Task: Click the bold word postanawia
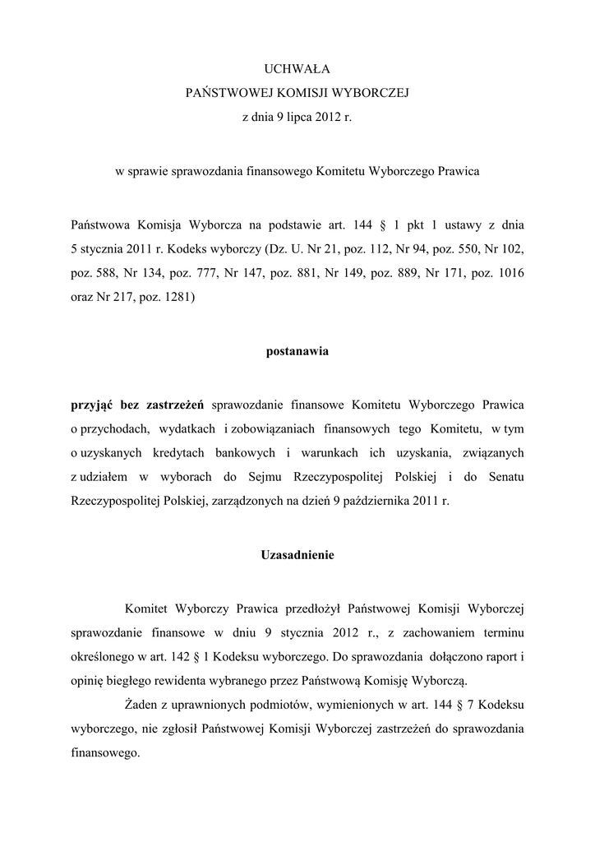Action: click(297, 351)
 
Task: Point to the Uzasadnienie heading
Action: click(297, 554)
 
